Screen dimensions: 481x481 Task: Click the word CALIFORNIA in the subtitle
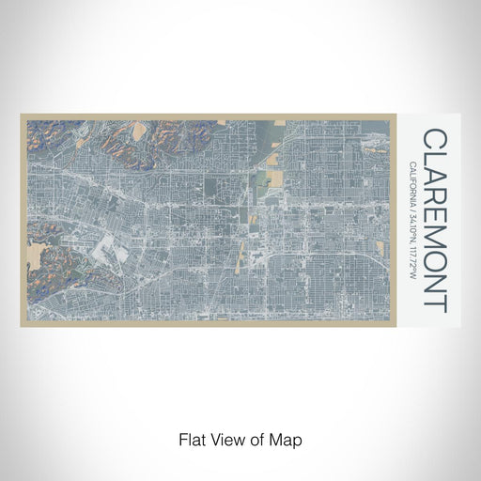(413, 189)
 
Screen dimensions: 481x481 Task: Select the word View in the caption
(224, 439)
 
